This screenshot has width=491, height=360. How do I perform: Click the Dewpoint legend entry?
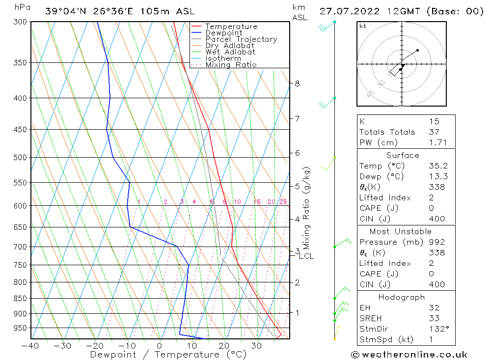tap(223, 33)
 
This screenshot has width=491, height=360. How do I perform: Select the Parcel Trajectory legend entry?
tap(241, 39)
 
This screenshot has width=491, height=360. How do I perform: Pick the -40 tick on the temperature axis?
tap(30, 345)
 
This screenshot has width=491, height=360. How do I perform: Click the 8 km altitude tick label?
tap(297, 83)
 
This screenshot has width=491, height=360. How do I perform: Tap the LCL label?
tap(306, 256)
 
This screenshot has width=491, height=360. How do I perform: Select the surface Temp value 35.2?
tap(437, 166)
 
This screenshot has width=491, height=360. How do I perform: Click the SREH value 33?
tap(434, 318)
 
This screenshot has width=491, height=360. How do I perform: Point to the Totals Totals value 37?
tap(434, 132)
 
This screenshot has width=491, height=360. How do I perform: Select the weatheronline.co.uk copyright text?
tap(409, 355)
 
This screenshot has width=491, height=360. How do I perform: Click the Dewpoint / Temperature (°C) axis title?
tap(168, 354)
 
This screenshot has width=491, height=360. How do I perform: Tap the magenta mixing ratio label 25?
tap(283, 202)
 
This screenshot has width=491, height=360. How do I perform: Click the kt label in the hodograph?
tap(362, 26)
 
